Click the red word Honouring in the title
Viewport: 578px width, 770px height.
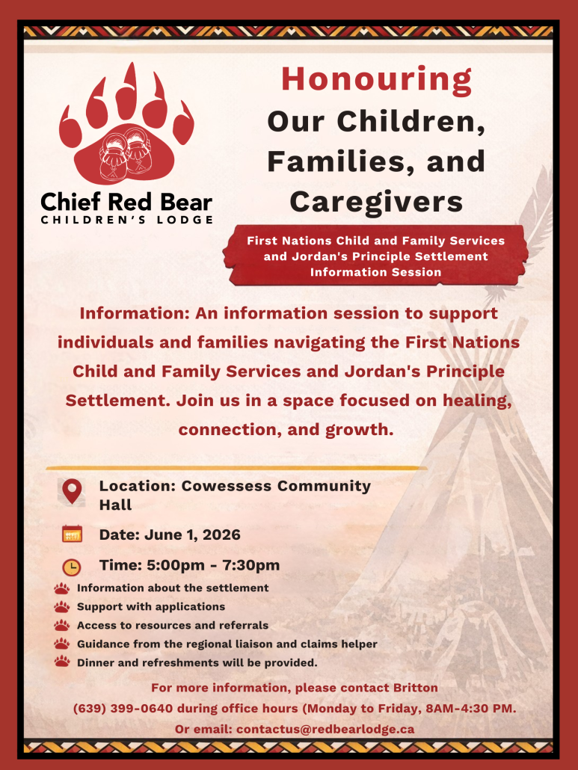[x=376, y=80]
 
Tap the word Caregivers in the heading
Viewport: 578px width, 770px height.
[x=376, y=201]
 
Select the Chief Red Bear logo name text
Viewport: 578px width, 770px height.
[x=126, y=202]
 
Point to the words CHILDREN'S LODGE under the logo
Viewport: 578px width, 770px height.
[x=126, y=220]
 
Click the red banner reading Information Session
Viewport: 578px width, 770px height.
[x=375, y=256]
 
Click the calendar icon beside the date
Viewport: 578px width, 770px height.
[x=73, y=534]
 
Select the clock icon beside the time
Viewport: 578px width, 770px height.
[x=72, y=567]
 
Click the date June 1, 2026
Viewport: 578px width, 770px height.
[x=192, y=535]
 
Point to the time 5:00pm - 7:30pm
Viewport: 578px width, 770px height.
[x=213, y=565]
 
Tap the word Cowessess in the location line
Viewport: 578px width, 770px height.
[x=227, y=486]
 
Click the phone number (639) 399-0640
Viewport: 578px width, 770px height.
[x=123, y=708]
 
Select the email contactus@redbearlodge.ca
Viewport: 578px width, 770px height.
[x=325, y=729]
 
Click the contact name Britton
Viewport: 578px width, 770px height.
[x=416, y=688]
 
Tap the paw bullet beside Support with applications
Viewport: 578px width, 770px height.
[x=62, y=607]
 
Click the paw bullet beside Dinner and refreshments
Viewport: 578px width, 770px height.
[x=62, y=662]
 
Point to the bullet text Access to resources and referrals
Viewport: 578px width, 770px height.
[x=173, y=625]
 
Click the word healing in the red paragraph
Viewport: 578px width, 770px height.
[x=477, y=401]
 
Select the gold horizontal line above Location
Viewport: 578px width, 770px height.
[x=236, y=468]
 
